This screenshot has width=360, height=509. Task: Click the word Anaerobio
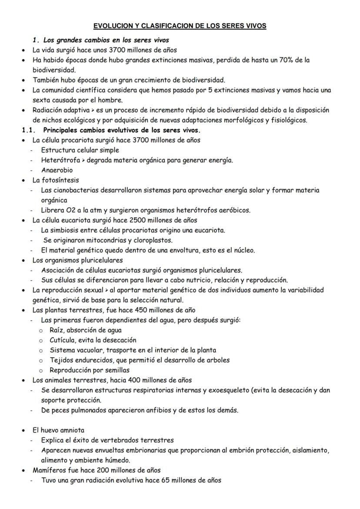click(x=57, y=170)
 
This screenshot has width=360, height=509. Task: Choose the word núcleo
click(x=244, y=250)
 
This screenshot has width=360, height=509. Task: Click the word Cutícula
click(x=62, y=340)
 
